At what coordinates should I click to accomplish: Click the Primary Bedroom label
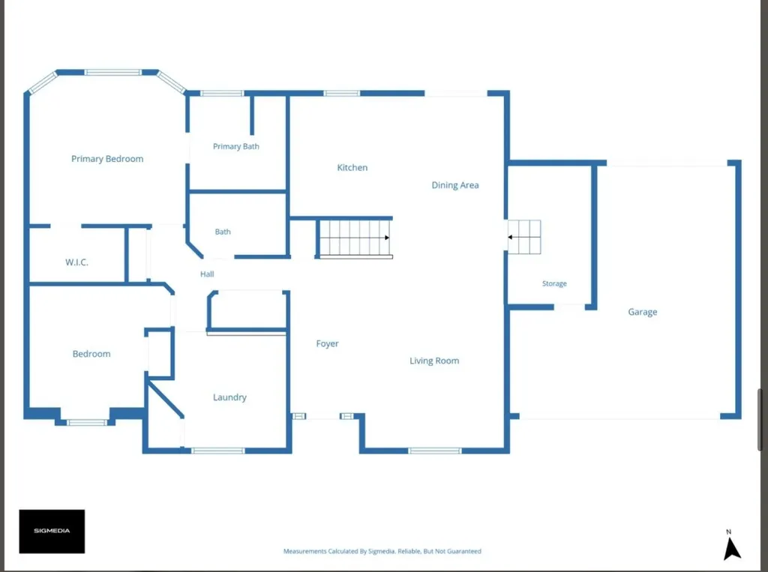tap(107, 159)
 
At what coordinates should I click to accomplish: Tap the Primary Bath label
tap(236, 146)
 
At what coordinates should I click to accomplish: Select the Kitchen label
tap(352, 167)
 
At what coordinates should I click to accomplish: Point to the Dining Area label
tap(455, 185)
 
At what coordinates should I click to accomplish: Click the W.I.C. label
tap(77, 262)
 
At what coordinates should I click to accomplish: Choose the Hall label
tap(207, 274)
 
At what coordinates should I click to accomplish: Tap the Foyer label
tap(327, 344)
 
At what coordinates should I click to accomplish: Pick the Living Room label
tap(434, 361)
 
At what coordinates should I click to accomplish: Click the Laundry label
tap(229, 397)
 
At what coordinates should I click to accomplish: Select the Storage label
tap(554, 283)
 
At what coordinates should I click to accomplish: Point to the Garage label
tap(643, 312)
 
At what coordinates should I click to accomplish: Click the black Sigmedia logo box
tap(52, 532)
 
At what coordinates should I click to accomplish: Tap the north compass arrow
tap(732, 548)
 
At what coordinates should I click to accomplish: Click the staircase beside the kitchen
tap(355, 238)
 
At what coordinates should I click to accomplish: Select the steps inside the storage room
tap(524, 237)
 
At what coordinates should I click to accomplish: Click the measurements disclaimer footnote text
tap(382, 552)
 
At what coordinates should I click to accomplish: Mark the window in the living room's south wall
tap(434, 451)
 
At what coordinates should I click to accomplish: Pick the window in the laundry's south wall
tap(218, 451)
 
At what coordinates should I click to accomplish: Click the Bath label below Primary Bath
tap(223, 232)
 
